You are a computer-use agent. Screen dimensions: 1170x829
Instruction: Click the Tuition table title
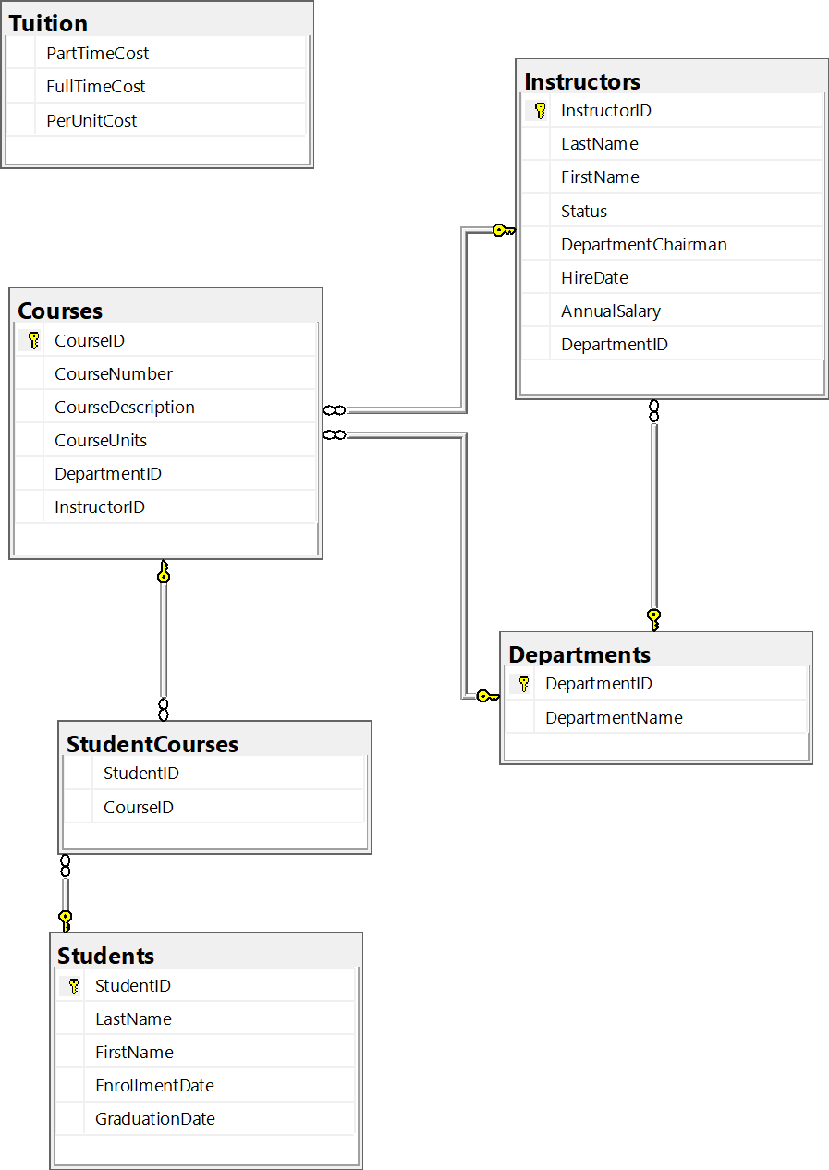(x=48, y=23)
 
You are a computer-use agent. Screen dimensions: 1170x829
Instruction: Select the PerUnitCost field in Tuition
(x=91, y=120)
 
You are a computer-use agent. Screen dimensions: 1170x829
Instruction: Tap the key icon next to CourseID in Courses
(x=33, y=340)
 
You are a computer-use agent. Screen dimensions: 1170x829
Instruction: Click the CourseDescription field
(x=124, y=407)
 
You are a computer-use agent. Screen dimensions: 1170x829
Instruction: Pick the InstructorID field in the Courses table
(x=99, y=506)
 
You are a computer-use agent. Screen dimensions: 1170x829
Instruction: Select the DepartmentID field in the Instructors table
(x=614, y=344)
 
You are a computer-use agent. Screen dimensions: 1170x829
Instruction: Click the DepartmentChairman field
(x=643, y=244)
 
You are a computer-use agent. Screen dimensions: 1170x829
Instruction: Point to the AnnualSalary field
(x=610, y=311)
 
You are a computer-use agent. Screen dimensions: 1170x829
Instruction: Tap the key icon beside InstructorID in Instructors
(x=540, y=111)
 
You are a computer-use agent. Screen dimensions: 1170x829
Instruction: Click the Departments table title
(x=579, y=654)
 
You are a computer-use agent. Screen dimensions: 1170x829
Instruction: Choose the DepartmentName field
(x=614, y=717)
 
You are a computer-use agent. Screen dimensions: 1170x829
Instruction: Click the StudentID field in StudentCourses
(x=140, y=773)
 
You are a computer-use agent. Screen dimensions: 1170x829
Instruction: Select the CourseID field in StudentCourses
(x=138, y=807)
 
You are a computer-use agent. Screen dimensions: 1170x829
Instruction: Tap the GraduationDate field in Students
(x=154, y=1118)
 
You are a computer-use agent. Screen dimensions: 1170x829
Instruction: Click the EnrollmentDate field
(x=154, y=1085)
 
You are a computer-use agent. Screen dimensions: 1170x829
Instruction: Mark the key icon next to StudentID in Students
(x=74, y=985)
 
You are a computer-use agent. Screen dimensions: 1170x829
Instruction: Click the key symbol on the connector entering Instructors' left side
(x=503, y=230)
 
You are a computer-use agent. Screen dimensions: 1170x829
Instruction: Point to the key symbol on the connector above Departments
(x=653, y=618)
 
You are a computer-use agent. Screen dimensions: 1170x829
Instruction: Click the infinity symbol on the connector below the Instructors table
(x=653, y=411)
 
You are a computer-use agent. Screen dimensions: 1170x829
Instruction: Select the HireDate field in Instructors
(x=594, y=277)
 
